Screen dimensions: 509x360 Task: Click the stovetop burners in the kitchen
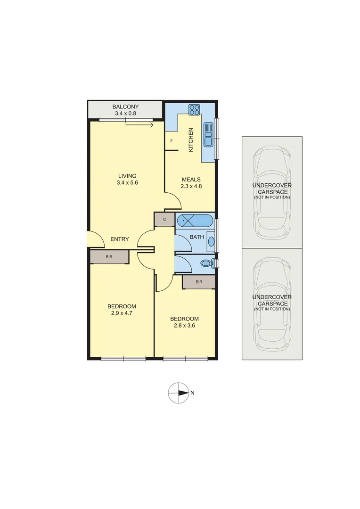click(x=194, y=110)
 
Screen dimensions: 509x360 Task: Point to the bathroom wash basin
click(x=211, y=242)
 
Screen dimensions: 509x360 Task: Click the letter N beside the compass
click(x=193, y=392)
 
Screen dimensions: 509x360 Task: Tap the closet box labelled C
click(x=164, y=219)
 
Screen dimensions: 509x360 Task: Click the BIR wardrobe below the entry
click(x=109, y=257)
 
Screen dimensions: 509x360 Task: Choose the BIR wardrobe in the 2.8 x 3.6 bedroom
click(x=199, y=282)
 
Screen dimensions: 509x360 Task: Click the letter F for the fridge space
click(x=172, y=141)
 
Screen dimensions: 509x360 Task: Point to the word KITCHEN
click(x=191, y=140)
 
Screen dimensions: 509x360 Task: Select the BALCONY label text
click(x=125, y=107)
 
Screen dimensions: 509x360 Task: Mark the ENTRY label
click(x=120, y=239)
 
